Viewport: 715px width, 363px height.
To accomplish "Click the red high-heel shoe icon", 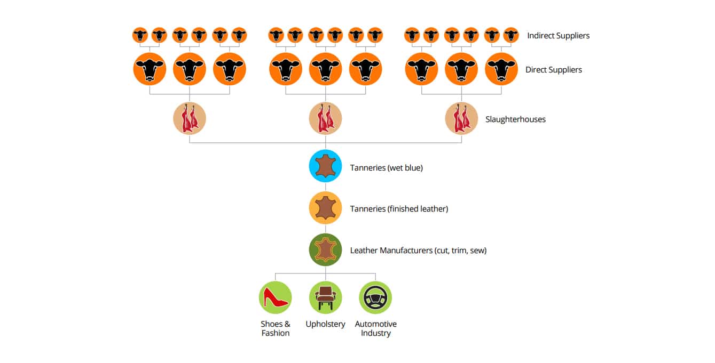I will (x=276, y=297).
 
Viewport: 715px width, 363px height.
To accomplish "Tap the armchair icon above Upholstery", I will (x=325, y=297).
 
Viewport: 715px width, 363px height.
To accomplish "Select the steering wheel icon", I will (x=375, y=297).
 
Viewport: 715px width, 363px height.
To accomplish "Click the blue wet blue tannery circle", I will (x=325, y=166).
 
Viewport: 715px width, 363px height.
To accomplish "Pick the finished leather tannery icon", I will (x=325, y=208).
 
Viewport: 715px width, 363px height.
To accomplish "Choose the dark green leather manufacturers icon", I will (x=325, y=249).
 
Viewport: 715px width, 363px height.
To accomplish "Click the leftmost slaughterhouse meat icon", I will (x=190, y=118).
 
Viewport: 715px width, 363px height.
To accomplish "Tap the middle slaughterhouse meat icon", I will (x=325, y=118).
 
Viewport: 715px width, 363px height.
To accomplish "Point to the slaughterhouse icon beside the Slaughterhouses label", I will (x=461, y=118).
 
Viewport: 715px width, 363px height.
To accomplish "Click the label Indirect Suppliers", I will (x=558, y=36).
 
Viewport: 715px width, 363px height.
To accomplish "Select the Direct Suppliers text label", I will (x=553, y=70).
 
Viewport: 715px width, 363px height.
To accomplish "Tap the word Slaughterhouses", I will (x=515, y=119).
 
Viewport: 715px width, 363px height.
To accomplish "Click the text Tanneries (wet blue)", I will (x=386, y=167).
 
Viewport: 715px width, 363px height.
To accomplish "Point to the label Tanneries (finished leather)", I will (x=399, y=209).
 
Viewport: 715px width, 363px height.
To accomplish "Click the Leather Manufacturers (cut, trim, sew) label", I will (x=418, y=250).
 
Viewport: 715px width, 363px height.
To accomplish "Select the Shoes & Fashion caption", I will (x=276, y=328).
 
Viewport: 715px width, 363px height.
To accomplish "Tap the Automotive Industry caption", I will (x=375, y=328).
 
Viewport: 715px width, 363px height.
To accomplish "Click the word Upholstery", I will (x=325, y=324).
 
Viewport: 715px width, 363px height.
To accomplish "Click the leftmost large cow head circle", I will (x=150, y=69).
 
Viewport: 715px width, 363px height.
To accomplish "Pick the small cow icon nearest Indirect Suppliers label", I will (x=511, y=35).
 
